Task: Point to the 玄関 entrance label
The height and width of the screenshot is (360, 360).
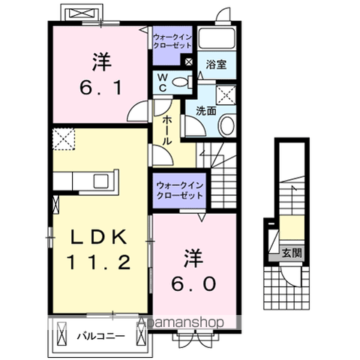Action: pyautogui.click(x=292, y=253)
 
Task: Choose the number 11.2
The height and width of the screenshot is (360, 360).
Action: pyautogui.click(x=100, y=263)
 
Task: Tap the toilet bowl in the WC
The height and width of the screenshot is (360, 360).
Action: pyautogui.click(x=178, y=82)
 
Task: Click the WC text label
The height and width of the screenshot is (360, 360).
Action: pyautogui.click(x=162, y=82)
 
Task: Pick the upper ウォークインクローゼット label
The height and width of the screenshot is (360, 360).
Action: pyautogui.click(x=172, y=40)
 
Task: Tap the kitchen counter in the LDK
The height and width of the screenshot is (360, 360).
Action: pyautogui.click(x=84, y=181)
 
